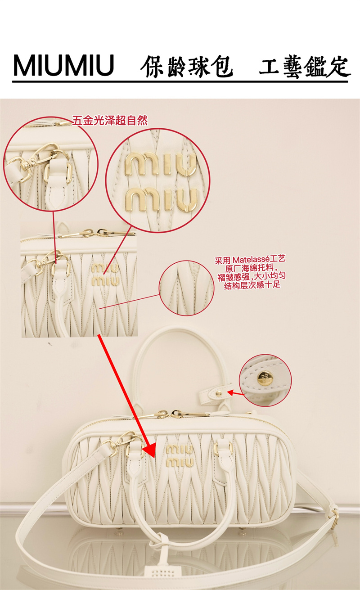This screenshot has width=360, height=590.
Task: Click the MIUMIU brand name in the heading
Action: coord(63,65)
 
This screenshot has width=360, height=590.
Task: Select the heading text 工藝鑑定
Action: coord(305,67)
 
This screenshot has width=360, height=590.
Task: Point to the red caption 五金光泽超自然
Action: coord(110,121)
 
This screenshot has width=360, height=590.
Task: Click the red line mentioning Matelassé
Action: coord(250,260)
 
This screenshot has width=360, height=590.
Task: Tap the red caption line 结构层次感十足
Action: coord(252,285)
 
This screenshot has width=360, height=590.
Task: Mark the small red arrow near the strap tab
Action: coord(235,393)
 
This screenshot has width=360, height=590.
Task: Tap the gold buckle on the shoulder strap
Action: coord(334,518)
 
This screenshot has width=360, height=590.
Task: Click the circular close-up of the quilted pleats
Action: coord(186,288)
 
